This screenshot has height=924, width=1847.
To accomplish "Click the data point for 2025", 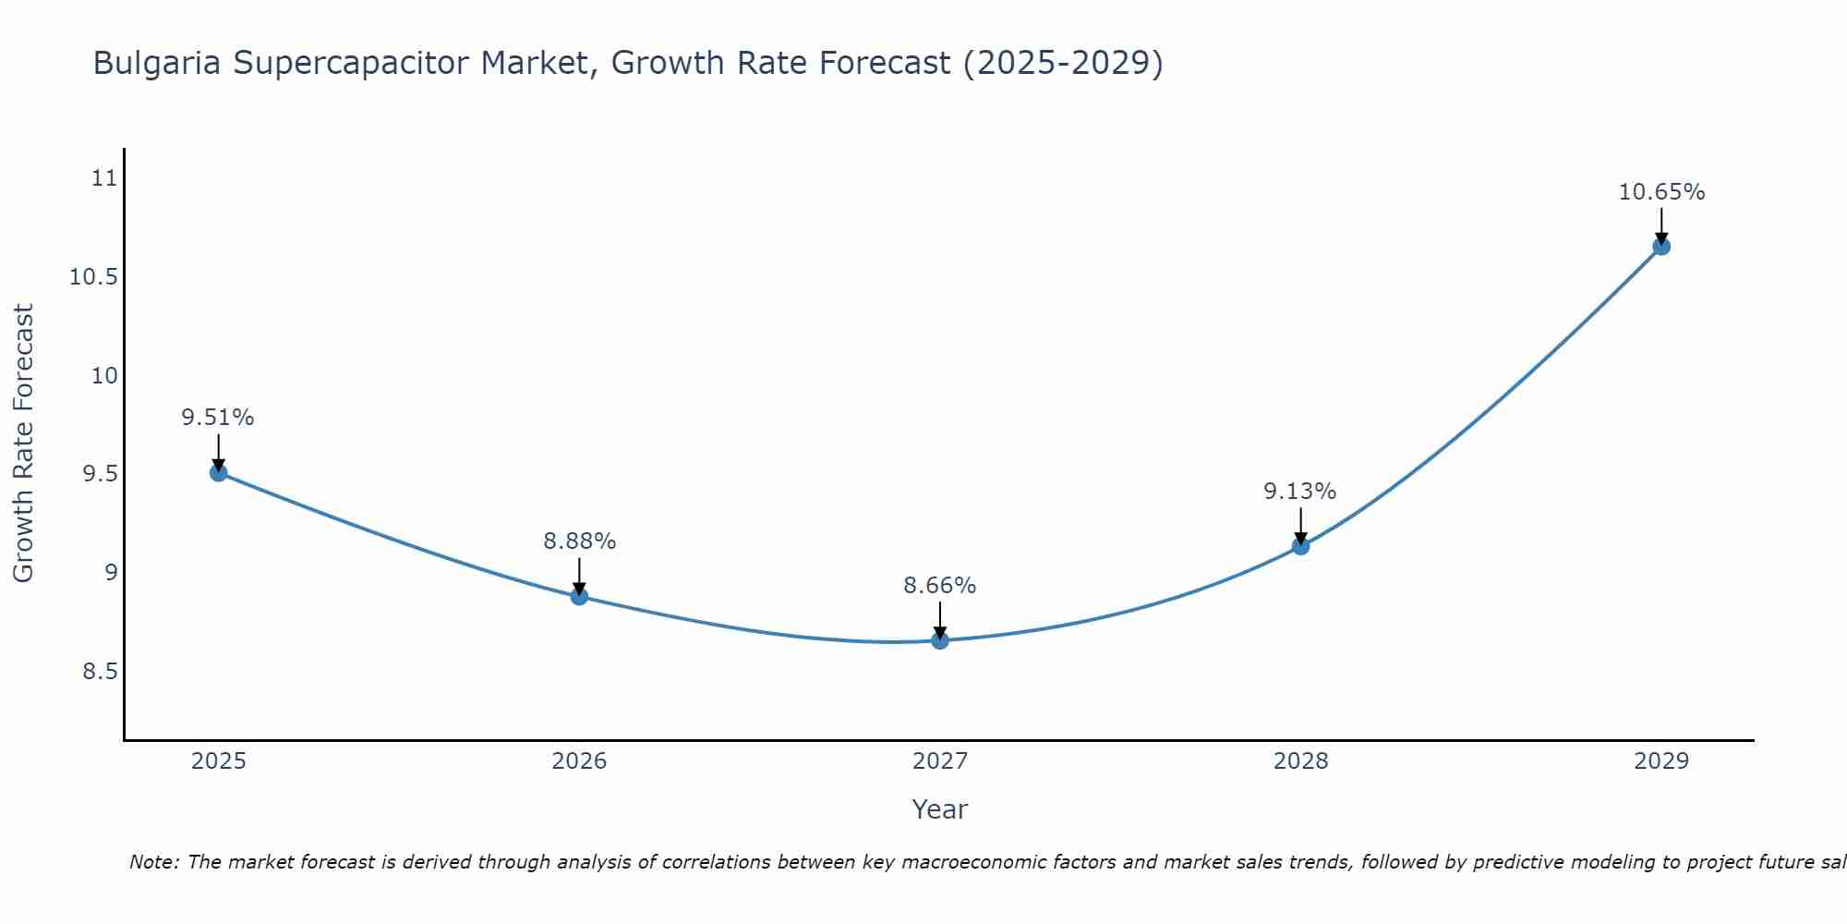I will pos(219,473).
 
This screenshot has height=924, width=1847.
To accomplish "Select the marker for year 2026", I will pos(579,596).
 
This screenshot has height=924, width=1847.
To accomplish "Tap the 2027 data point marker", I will pos(940,640).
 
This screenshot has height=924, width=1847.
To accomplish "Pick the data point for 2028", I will pos(1300,546).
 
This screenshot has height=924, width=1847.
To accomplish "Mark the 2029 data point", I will pos(1661,247).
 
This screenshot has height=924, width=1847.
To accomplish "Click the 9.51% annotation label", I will pos(218,418).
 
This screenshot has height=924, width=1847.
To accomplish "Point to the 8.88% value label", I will pos(579,541).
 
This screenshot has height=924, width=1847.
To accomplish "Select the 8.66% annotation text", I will pos(940,586).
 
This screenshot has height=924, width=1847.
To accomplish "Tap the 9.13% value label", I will pos(1300,492).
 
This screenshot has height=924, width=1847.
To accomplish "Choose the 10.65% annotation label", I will pos(1661,192).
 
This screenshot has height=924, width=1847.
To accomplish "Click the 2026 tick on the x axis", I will pos(579,761).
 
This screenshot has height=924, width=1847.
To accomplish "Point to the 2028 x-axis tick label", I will pos(1300,761).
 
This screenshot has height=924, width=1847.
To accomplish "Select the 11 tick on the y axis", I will pos(105,178).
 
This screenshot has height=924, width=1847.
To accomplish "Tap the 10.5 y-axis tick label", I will pos(94,277).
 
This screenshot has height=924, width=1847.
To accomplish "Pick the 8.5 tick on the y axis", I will pos(100,672).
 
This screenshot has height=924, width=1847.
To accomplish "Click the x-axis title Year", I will pos(939,809).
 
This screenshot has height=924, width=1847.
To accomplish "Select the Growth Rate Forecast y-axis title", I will pos(23,444).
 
